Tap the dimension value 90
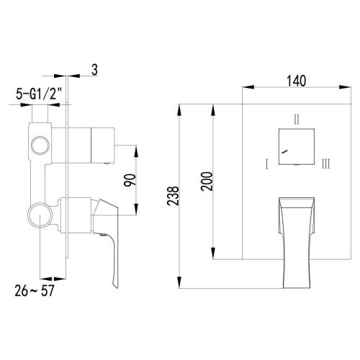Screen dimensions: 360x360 tap(130, 180)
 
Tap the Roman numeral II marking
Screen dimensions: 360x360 tap(296, 118)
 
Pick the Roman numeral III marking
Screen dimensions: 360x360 tap(326, 165)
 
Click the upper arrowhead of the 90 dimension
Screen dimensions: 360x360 tap(137, 149)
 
